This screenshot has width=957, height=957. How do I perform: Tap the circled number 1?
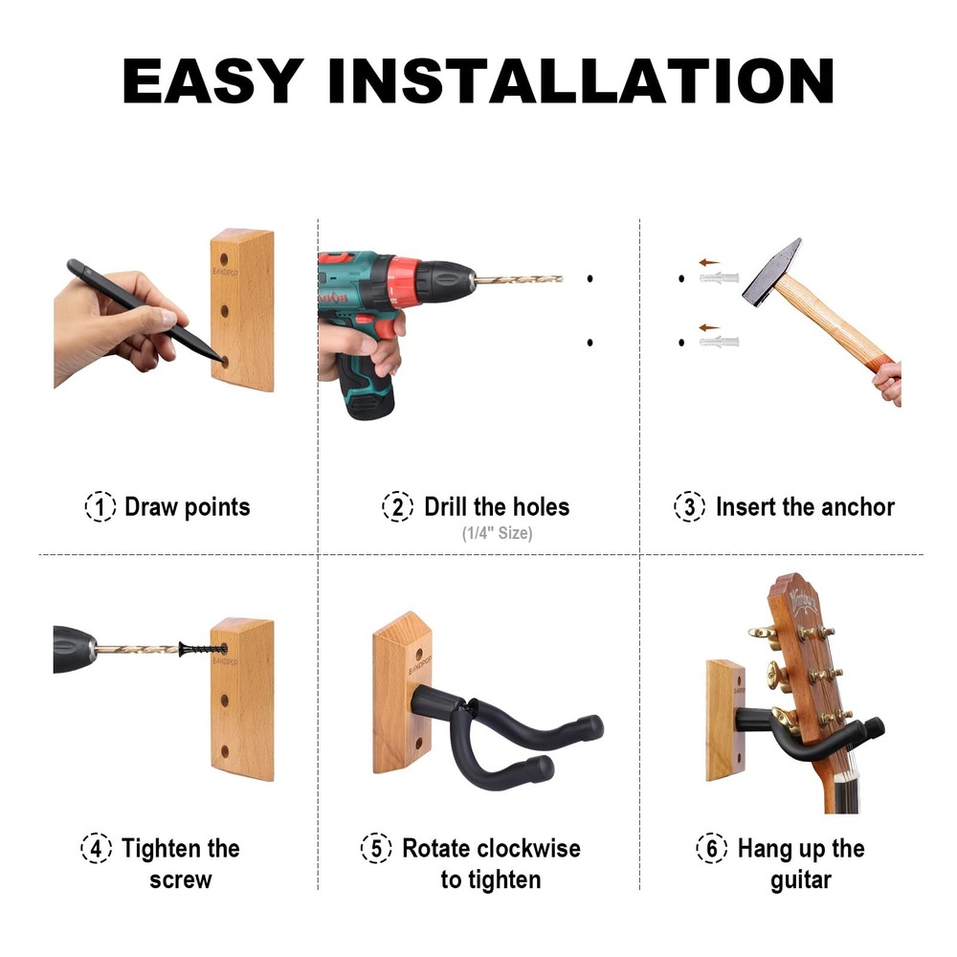coord(100,506)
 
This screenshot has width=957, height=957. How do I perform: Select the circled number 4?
coord(96,848)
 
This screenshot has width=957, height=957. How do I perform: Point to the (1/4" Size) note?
coord(496,533)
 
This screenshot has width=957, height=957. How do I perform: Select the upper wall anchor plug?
coord(721,278)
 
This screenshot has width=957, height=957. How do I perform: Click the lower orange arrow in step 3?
coord(708,327)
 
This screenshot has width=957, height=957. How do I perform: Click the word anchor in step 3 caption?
coord(853,506)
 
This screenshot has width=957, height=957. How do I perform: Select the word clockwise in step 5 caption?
coord(528,848)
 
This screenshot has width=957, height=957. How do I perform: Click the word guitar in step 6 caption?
coord(801,879)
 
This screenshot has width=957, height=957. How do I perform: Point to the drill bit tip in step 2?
coord(559,279)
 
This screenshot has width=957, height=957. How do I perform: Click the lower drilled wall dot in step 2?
coord(590,342)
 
